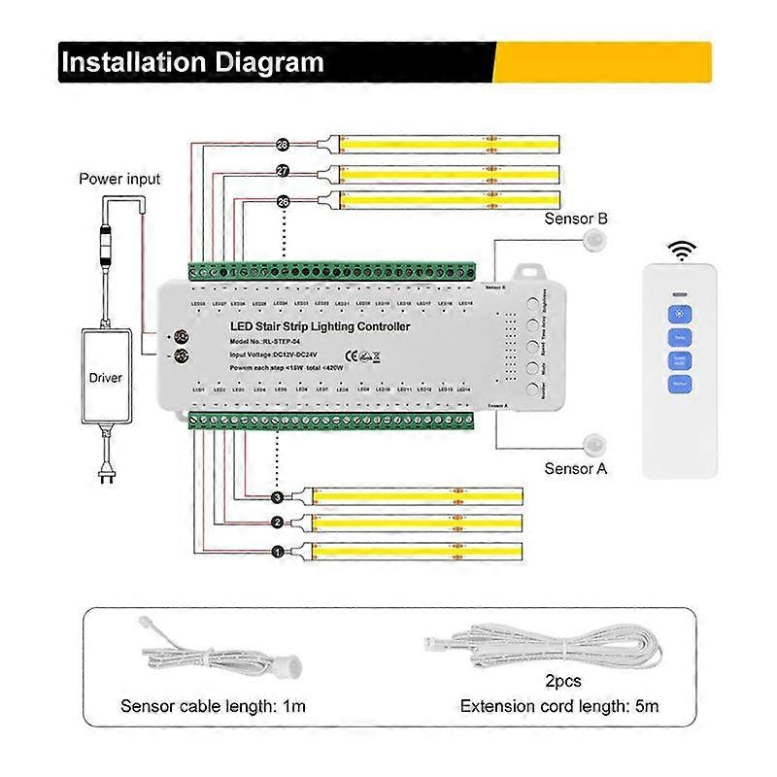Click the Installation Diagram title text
click(x=192, y=62)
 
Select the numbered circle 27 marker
click(x=284, y=171)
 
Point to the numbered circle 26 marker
click(x=284, y=201)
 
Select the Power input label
click(x=119, y=179)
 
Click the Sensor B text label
click(x=576, y=220)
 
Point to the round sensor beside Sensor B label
click(x=594, y=242)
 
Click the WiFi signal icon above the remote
click(x=685, y=251)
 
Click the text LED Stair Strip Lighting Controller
click(x=321, y=327)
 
